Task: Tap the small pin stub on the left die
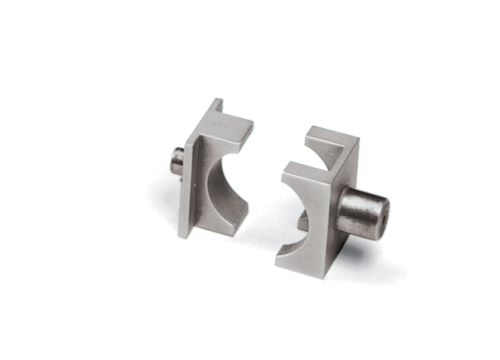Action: (175, 160)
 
